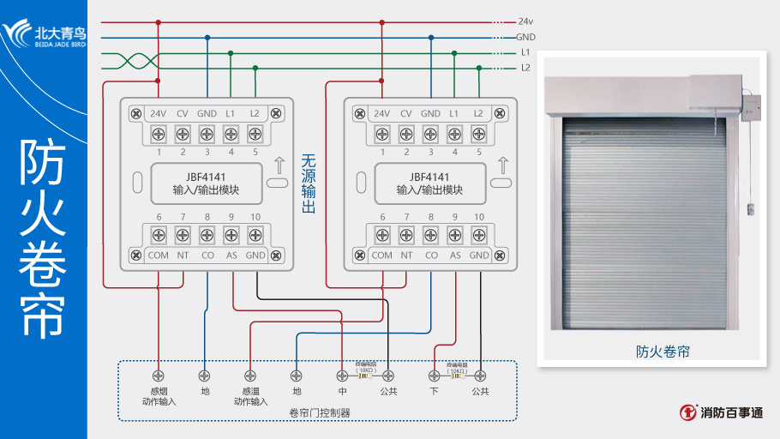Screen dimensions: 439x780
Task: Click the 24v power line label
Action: (525, 21)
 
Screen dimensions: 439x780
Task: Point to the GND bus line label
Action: (525, 38)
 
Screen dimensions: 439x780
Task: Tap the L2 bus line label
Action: (525, 68)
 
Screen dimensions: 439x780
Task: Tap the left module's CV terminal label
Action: (182, 113)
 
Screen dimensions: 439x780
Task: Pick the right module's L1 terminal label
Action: (454, 113)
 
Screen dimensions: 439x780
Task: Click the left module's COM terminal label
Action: (158, 255)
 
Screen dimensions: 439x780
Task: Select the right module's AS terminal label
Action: (455, 255)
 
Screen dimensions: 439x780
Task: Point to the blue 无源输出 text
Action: (309, 184)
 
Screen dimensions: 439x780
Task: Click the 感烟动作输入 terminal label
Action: (158, 396)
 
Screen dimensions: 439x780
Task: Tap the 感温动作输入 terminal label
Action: (250, 396)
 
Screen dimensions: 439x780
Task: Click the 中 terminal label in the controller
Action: (342, 391)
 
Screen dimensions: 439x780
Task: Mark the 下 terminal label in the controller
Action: (434, 391)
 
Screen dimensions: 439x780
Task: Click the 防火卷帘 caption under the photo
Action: (663, 351)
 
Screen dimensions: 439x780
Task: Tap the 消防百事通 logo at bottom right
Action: (721, 412)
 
